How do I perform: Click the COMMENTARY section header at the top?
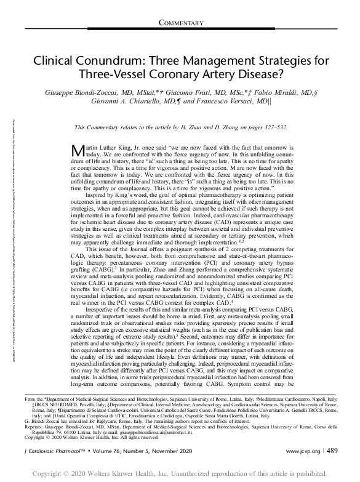pyautogui.click(x=181, y=23)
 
